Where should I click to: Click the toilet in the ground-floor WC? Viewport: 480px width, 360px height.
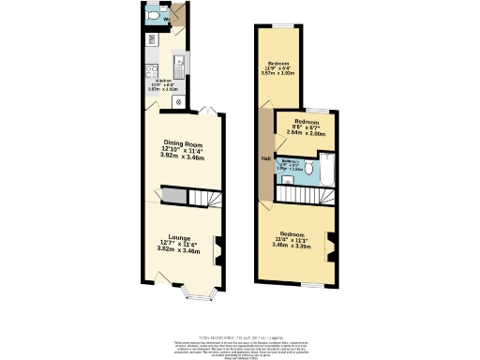click(153, 16)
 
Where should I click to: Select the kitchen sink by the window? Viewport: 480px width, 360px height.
click(179, 63)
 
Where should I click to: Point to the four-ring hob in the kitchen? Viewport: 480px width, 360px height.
click(150, 70)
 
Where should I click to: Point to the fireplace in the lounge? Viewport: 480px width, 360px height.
click(217, 247)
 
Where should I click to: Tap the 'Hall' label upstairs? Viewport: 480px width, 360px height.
click(266, 158)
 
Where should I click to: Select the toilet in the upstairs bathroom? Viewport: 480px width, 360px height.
click(329, 171)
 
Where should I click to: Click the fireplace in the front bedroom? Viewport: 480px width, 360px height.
click(328, 240)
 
